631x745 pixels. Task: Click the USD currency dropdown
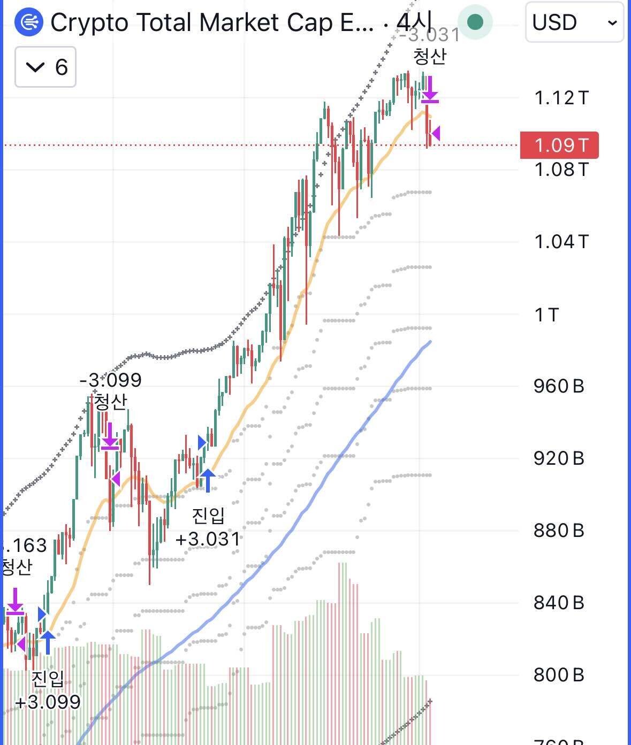pos(574,22)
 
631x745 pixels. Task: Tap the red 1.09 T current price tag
pos(559,145)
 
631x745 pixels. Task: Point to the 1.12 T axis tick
pos(561,98)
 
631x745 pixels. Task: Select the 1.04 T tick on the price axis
pos(561,242)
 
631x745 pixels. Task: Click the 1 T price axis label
pos(546,314)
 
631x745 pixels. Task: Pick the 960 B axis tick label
pos(559,386)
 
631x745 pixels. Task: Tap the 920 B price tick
pos(559,458)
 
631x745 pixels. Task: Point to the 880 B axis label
pos(559,531)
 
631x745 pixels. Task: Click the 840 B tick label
pos(559,603)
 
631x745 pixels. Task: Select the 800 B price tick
pos(559,675)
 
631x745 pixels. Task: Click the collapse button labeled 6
pos(45,67)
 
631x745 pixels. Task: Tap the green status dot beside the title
pos(475,22)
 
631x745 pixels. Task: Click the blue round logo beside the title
pos(28,22)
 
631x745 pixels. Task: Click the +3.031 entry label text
pos(208,539)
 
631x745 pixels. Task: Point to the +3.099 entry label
pos(48,702)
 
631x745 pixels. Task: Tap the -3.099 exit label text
pos(110,380)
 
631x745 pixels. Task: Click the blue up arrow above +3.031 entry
pos(207,480)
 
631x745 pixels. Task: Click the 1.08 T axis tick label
pos(561,170)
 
